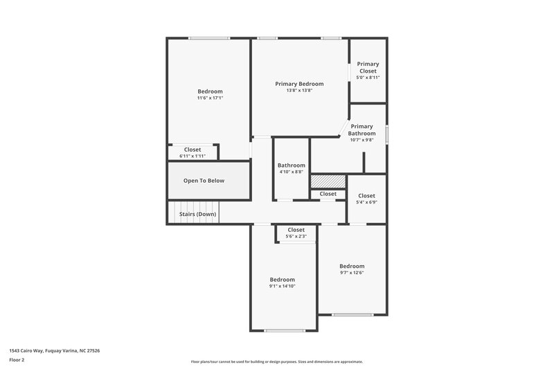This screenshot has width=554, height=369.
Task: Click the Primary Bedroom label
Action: pos(299,84)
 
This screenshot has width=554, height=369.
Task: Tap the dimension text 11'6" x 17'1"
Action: pos(210,98)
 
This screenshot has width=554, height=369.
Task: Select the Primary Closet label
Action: pos(368,67)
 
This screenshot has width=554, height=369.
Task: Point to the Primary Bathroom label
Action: pos(361,129)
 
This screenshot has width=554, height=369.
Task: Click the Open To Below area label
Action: pos(204,181)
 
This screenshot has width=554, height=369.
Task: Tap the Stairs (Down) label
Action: pos(198,214)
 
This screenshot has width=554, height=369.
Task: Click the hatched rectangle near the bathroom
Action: pos(323,181)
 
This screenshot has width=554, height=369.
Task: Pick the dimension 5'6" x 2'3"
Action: pos(296,237)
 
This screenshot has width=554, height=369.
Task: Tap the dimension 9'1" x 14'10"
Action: pos(282,286)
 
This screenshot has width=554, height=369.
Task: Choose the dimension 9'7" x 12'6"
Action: pos(351,273)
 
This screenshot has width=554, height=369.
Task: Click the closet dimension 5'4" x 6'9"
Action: pos(366,203)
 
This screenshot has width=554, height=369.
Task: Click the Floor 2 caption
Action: pos(17,361)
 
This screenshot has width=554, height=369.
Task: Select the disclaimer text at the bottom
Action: pos(276,361)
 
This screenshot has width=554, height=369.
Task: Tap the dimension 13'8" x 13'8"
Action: pos(299,91)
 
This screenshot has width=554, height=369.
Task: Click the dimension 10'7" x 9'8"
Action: pos(361,140)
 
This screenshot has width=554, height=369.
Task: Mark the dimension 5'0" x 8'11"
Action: pos(368,78)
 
